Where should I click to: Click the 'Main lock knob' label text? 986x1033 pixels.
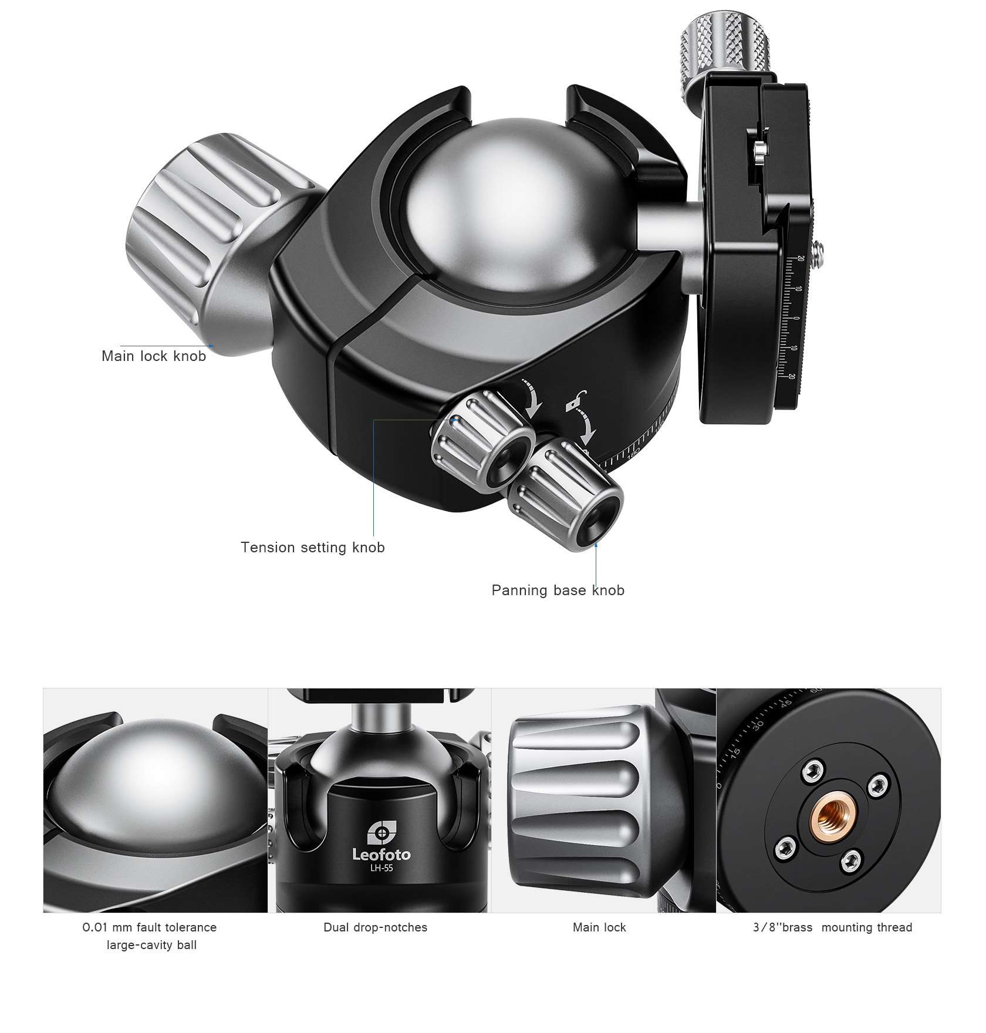coord(154,356)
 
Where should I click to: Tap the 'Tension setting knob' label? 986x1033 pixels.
coord(313,548)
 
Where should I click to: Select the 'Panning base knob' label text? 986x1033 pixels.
coord(558,590)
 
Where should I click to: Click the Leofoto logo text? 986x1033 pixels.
coord(381,855)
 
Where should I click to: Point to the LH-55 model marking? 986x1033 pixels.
coord(381,868)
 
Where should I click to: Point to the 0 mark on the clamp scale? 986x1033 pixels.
coord(796,319)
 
